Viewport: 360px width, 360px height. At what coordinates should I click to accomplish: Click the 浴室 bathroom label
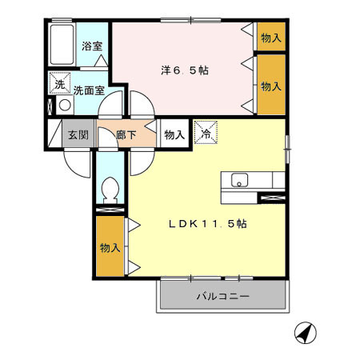coord(92,46)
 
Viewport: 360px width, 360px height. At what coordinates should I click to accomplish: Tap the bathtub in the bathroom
coord(62,46)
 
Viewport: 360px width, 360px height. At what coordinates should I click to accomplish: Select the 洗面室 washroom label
coord(89,90)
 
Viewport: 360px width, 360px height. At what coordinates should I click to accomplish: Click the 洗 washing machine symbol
coord(59,83)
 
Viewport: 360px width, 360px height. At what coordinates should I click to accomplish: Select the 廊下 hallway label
coord(126,134)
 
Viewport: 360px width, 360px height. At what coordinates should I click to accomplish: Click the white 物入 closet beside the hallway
coord(174,134)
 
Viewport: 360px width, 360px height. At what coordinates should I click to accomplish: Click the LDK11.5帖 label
coord(207,225)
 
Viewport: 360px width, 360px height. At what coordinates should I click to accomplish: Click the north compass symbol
coord(305,331)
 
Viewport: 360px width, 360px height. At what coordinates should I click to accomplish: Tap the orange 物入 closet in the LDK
coord(110,247)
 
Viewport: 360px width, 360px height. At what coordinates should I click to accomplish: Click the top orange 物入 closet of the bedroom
coord(271,37)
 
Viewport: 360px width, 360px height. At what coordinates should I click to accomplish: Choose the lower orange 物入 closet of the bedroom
coord(271,85)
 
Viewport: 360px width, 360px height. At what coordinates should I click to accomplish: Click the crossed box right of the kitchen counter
coord(273,196)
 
